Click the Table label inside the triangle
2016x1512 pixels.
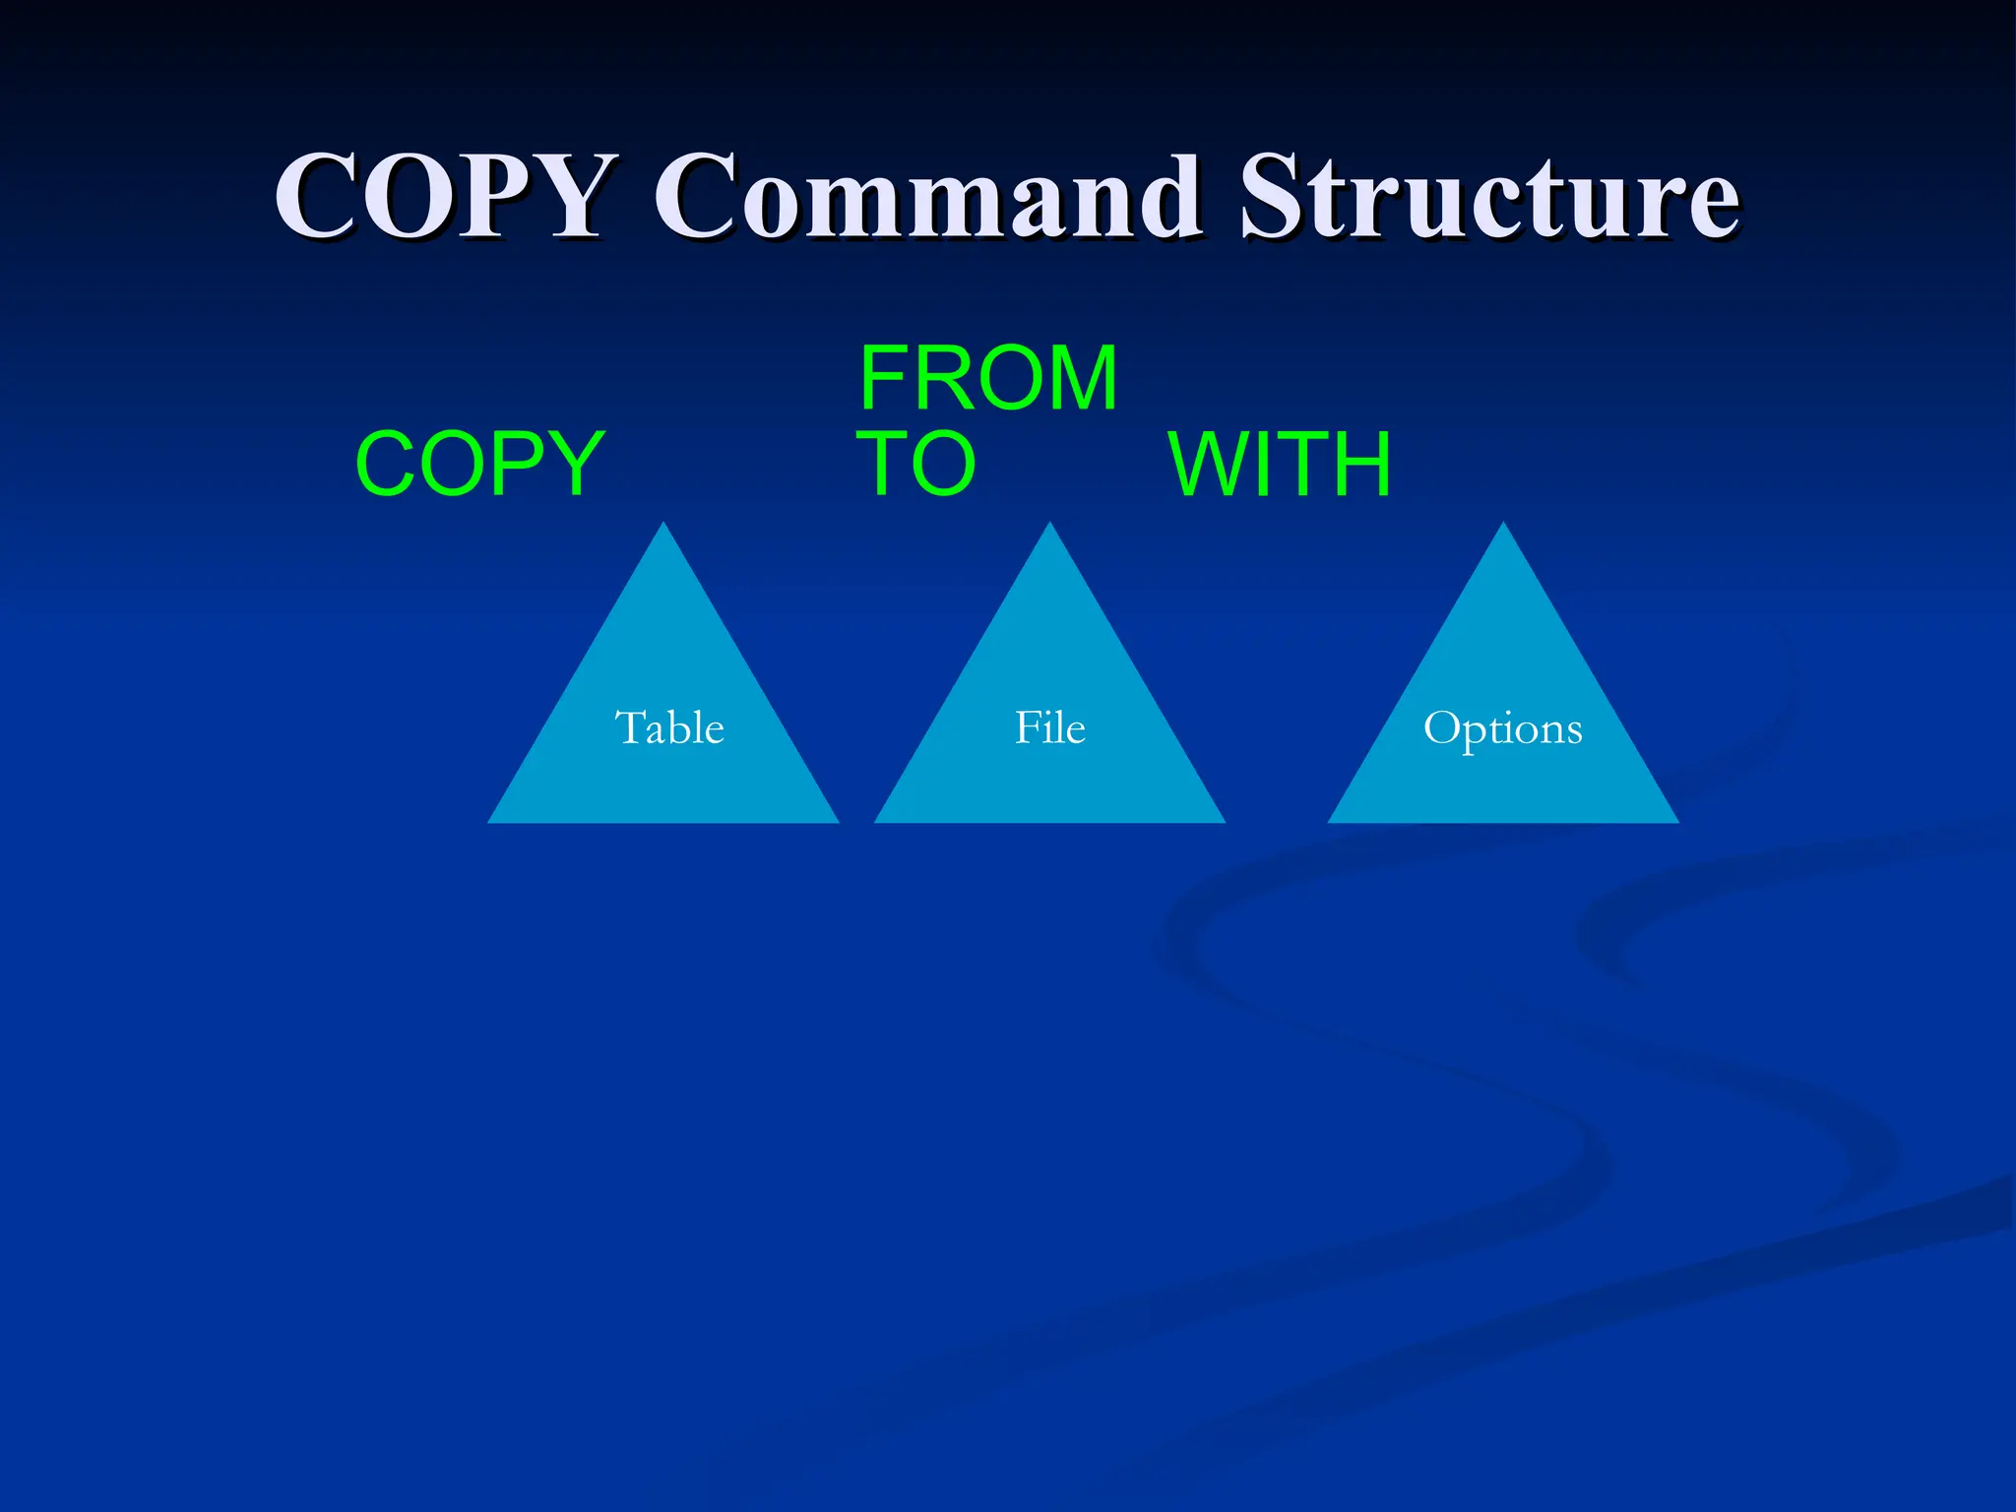point(669,727)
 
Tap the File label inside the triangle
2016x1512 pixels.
point(1050,727)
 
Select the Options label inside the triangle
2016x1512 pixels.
point(1502,729)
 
